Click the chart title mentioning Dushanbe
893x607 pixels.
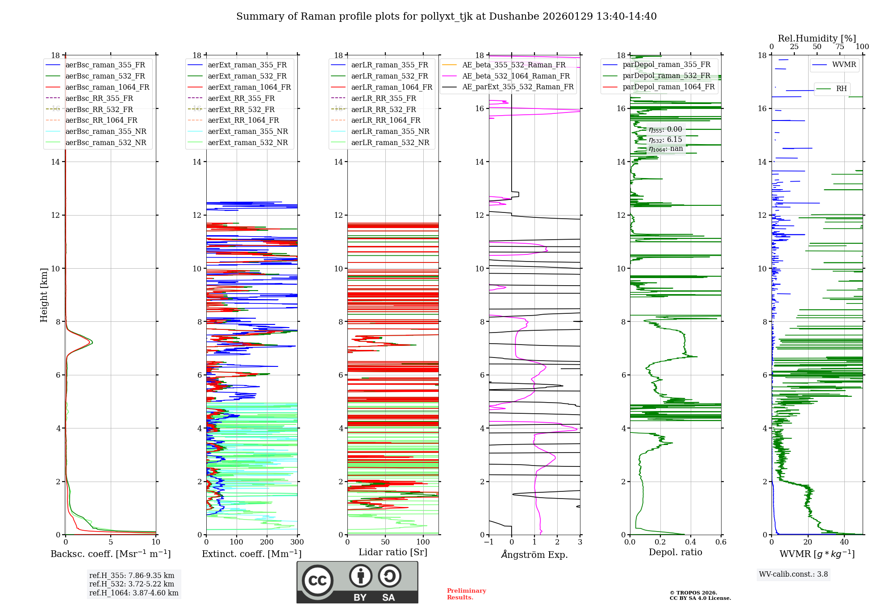tap(446, 17)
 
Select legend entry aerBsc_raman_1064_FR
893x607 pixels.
tap(107, 87)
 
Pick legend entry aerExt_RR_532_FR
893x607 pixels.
tap(241, 109)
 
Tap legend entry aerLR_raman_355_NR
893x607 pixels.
tap(390, 131)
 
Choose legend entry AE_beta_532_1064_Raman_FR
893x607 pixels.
tap(516, 76)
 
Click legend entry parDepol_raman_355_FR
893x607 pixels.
tap(666, 65)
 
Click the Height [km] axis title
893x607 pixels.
tap(44, 295)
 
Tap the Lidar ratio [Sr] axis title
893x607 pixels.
tap(392, 552)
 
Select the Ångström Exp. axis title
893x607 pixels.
tap(534, 554)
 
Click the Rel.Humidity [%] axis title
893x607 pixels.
tap(817, 38)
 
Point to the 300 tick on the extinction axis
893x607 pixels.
tap(297, 542)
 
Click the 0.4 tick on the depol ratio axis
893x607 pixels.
tap(690, 542)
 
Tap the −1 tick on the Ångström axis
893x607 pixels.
tap(488, 542)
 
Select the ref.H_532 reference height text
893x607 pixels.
tap(131, 584)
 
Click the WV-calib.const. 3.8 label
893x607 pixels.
tap(793, 574)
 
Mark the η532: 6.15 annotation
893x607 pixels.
tap(665, 140)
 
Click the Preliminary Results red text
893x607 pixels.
tap(466, 594)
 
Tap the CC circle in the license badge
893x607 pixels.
tap(317, 581)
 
